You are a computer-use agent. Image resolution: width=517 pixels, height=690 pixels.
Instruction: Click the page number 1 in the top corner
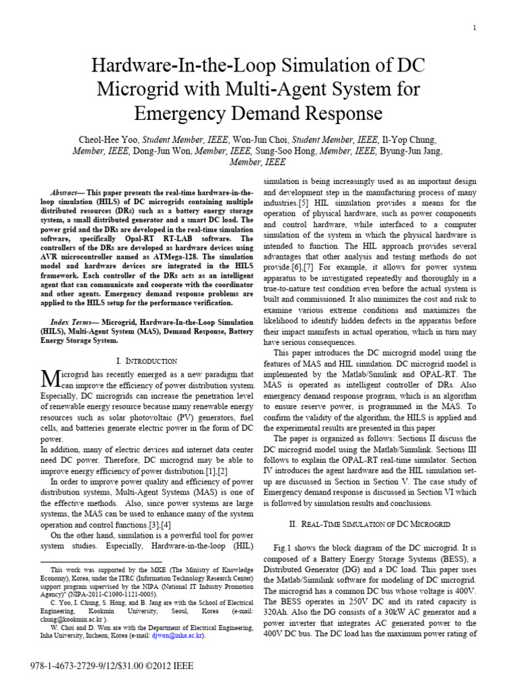coord(475,28)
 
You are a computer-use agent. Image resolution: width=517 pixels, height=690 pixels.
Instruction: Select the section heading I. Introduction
coord(146,361)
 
